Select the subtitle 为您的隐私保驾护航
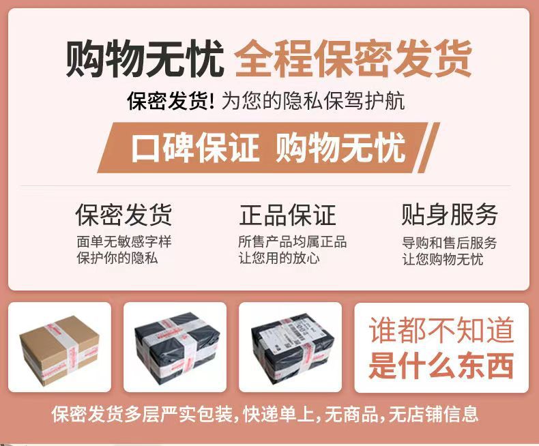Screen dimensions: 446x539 pyautogui.click(x=313, y=101)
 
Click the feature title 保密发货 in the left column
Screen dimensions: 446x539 pyautogui.click(x=123, y=215)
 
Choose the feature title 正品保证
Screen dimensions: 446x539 pyautogui.click(x=288, y=215)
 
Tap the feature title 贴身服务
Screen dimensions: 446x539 pyautogui.click(x=450, y=215)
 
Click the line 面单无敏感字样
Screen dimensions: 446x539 pyautogui.click(x=123, y=242)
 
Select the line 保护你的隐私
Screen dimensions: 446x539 pyautogui.click(x=117, y=258)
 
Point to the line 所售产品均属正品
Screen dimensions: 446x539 pyautogui.click(x=293, y=242)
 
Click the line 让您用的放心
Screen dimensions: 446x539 pyautogui.click(x=279, y=258)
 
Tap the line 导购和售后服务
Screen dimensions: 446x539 pyautogui.click(x=450, y=243)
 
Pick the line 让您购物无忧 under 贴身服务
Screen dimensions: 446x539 pyautogui.click(x=442, y=259)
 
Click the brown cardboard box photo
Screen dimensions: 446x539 pyautogui.click(x=59, y=348)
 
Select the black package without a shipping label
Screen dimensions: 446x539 pyautogui.click(x=175, y=348)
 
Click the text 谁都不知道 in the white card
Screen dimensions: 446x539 pyautogui.click(x=441, y=331)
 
